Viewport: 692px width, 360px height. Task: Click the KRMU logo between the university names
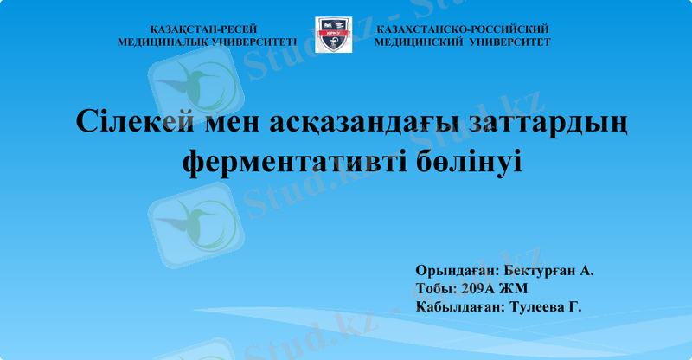pyautogui.click(x=333, y=35)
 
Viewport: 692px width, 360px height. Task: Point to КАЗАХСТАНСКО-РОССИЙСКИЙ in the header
pyautogui.click(x=463, y=29)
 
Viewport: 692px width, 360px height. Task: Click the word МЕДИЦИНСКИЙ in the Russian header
pyautogui.click(x=420, y=42)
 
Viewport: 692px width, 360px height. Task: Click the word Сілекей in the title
pyautogui.click(x=132, y=121)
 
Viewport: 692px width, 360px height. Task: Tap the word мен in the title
pyautogui.click(x=233, y=121)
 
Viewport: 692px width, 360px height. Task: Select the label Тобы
pyautogui.click(x=435, y=289)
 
